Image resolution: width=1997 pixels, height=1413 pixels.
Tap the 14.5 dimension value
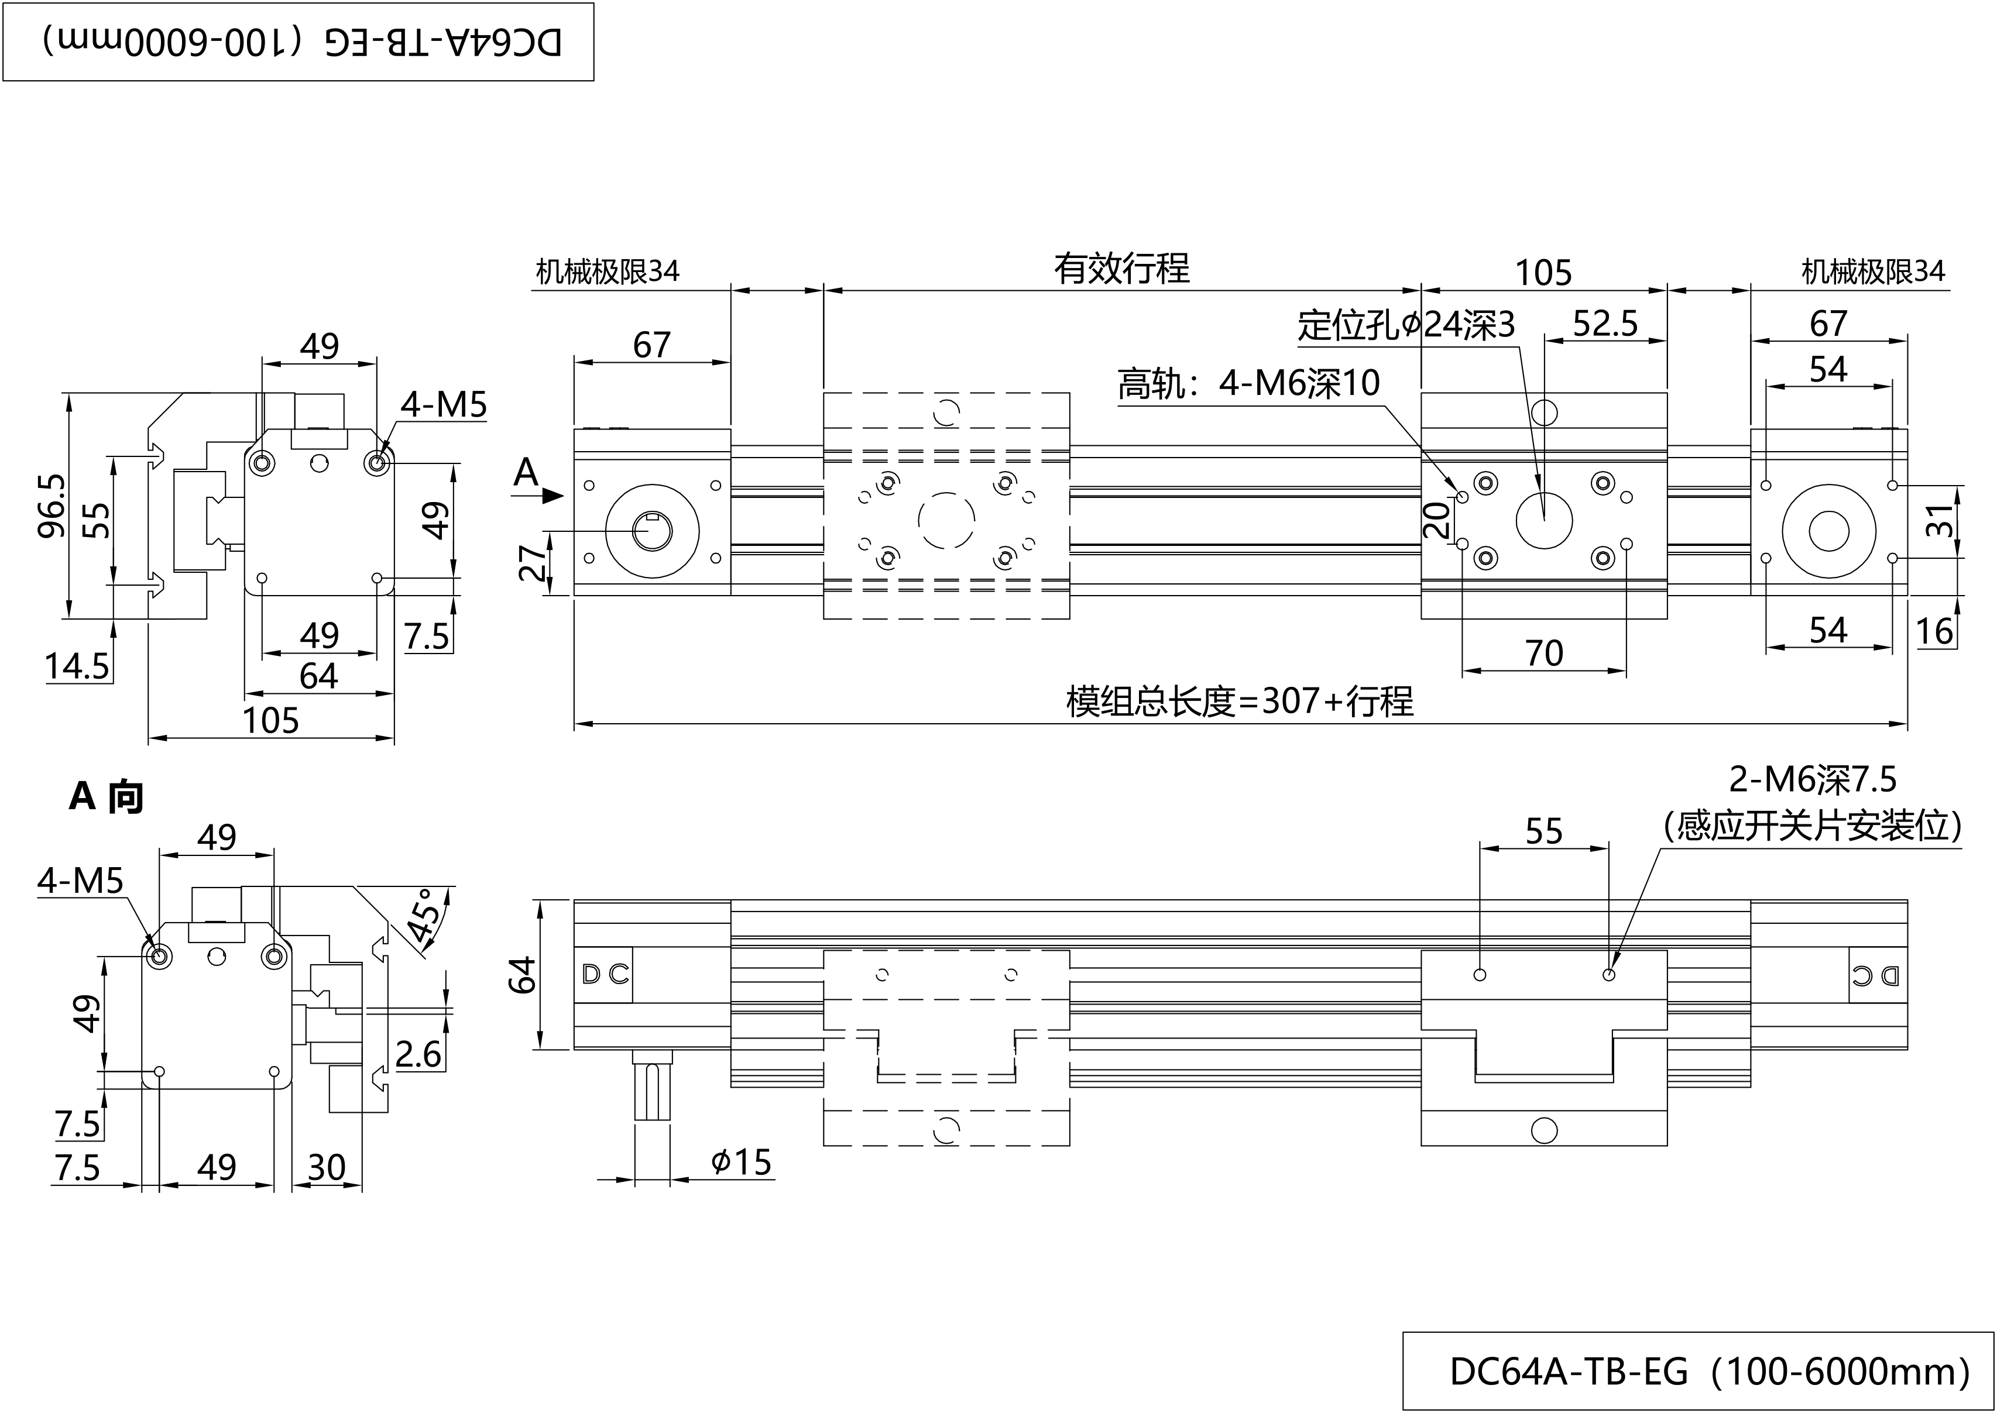[77, 666]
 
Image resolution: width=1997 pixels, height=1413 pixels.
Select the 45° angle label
[426, 915]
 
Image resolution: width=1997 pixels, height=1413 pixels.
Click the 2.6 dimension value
[418, 1054]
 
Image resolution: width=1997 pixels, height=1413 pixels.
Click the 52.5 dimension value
[1605, 324]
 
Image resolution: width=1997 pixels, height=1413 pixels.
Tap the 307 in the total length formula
[1291, 700]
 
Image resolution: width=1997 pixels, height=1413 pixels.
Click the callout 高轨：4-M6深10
[1248, 383]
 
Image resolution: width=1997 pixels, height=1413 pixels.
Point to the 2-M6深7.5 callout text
[1813, 779]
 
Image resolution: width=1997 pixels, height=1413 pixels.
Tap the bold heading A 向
[106, 796]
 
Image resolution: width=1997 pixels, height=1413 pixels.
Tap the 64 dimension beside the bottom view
[522, 975]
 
